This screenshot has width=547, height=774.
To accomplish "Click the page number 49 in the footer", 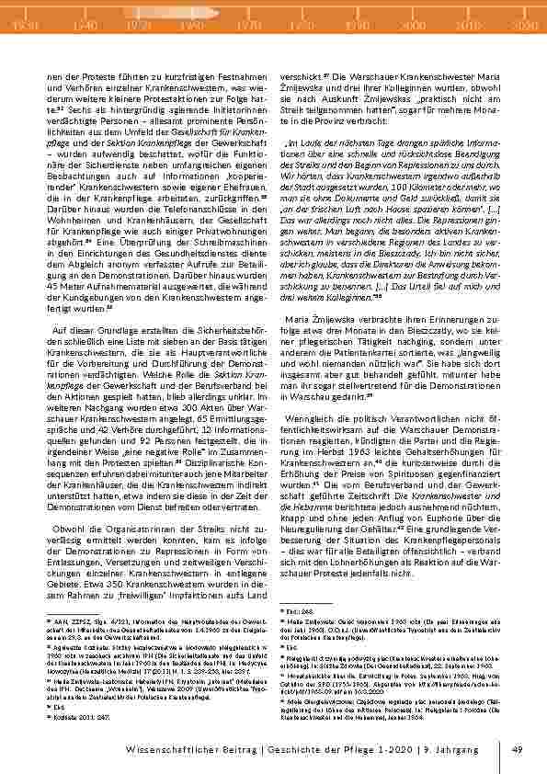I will point(517,750).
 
